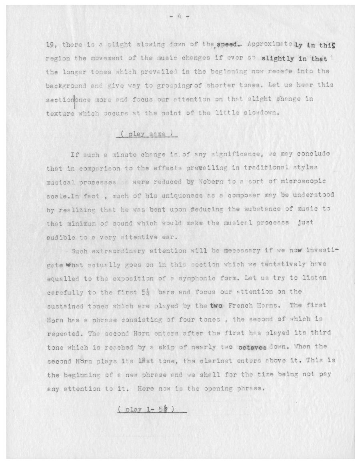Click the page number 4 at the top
[180, 17]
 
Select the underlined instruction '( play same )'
[146, 134]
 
